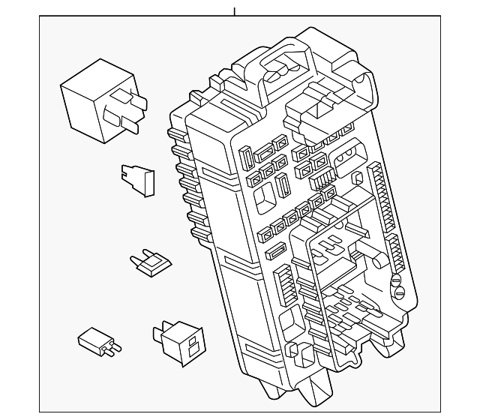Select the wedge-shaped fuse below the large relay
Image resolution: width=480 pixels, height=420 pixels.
point(138,180)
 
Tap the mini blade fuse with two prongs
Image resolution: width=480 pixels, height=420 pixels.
point(151,262)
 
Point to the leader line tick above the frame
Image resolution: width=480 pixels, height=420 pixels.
point(234,11)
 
